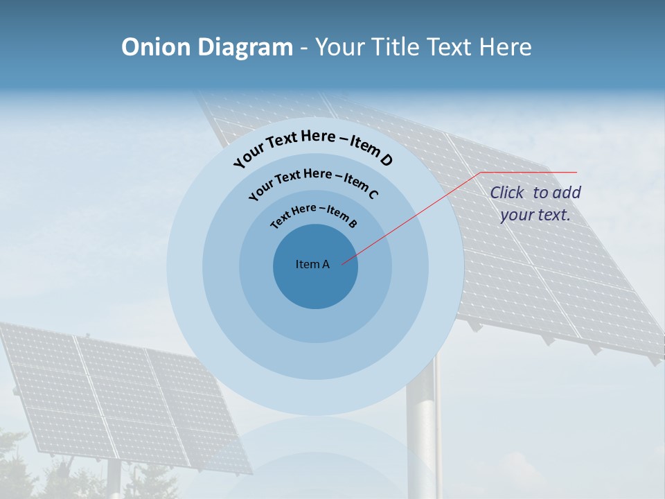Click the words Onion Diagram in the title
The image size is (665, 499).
click(x=206, y=47)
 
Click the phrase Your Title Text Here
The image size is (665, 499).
click(x=423, y=47)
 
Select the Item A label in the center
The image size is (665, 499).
click(x=312, y=264)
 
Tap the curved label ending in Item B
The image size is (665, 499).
click(x=314, y=215)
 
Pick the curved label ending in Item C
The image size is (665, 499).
click(x=313, y=182)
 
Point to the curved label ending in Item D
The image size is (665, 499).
click(x=313, y=148)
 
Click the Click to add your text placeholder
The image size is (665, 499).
click(x=535, y=204)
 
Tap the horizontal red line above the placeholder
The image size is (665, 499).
click(x=530, y=172)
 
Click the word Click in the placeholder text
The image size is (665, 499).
click(x=508, y=193)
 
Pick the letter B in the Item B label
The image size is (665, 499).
click(x=353, y=223)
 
